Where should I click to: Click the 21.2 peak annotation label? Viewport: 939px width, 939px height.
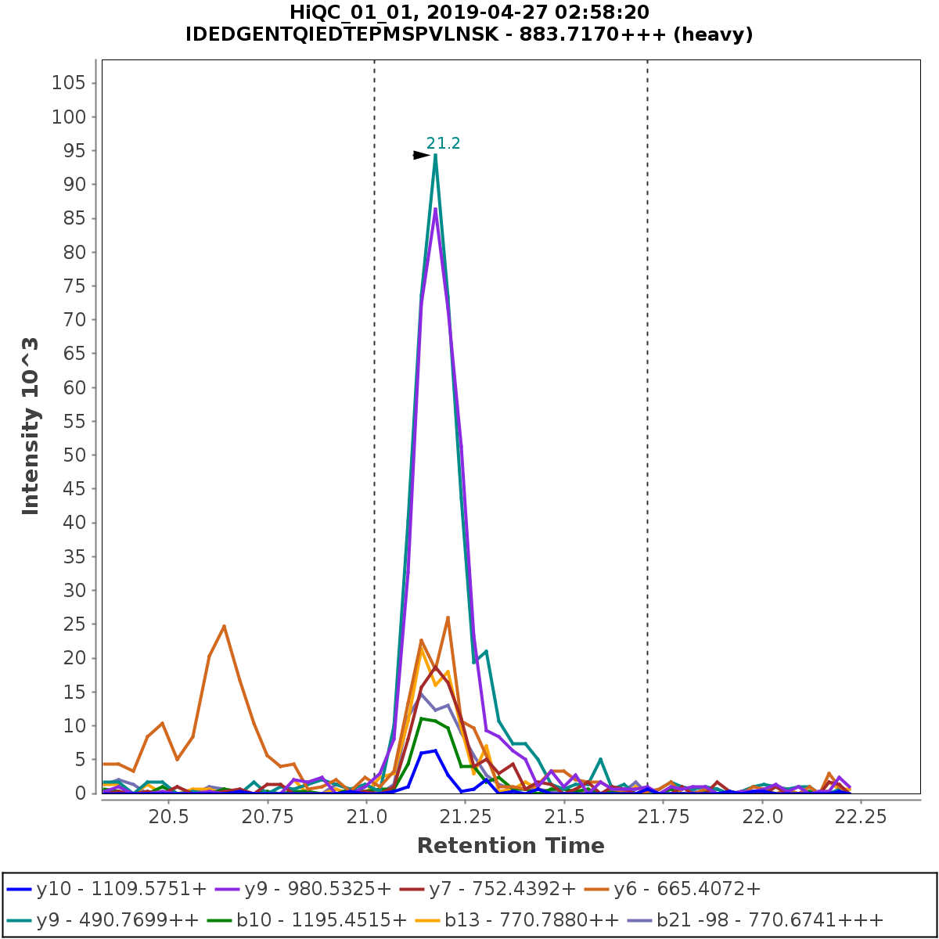coord(443,143)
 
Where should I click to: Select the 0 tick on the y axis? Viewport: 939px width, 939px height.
coord(80,793)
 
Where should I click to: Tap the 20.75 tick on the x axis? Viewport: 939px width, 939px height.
coord(268,817)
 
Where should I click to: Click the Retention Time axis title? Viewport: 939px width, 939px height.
coord(510,846)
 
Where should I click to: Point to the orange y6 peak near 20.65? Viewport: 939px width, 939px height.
coord(224,626)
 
